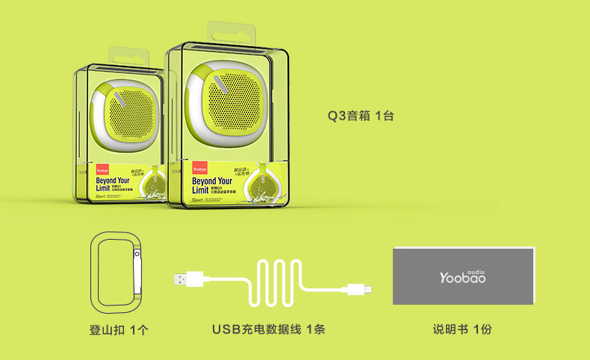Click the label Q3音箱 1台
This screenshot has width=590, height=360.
tap(361, 117)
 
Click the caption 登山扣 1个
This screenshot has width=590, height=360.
tap(118, 329)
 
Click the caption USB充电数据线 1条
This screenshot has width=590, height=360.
tap(268, 329)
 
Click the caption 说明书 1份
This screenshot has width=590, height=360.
tap(462, 329)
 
